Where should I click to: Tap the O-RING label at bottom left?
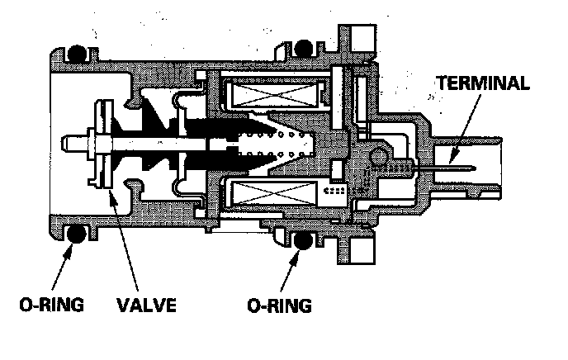(51, 306)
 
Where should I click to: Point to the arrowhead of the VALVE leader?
(113, 194)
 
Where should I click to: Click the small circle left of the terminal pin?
(379, 154)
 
